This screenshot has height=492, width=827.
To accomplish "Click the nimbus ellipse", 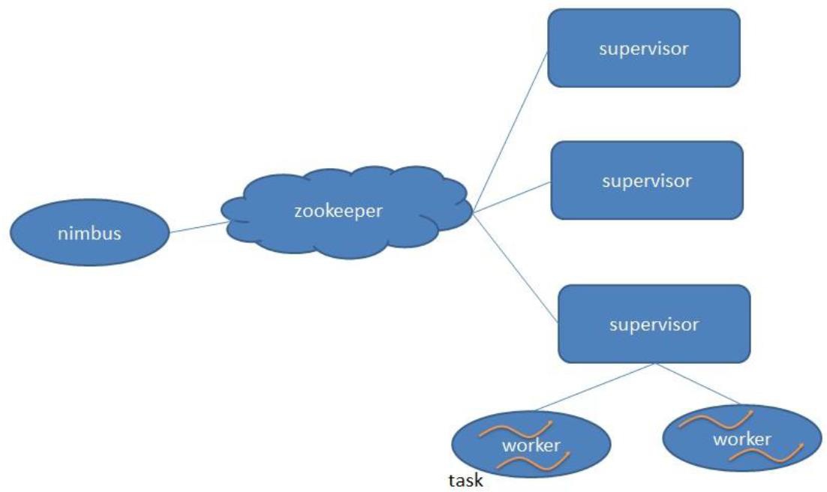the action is (x=90, y=232).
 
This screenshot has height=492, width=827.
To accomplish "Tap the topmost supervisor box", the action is (x=644, y=48).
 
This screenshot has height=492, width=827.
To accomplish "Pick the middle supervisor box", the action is (x=647, y=180).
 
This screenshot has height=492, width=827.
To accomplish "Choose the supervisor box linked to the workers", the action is (x=654, y=324).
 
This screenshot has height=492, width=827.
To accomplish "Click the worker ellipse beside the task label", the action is (x=531, y=444).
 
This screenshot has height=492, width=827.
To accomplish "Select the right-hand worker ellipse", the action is (x=742, y=438).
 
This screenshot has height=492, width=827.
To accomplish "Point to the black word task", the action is (x=465, y=481).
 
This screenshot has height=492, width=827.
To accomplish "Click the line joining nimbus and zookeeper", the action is (x=199, y=227).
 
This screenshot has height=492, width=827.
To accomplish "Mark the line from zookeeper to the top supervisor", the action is (x=510, y=132).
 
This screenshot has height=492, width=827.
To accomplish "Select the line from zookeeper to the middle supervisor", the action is (x=512, y=197).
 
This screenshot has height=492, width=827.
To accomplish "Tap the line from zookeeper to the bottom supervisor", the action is (x=516, y=267).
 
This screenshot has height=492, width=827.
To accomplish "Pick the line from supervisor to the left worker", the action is (x=594, y=386).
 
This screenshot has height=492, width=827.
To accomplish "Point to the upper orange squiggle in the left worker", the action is (x=516, y=428).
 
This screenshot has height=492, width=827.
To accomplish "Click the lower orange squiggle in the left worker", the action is (x=534, y=461).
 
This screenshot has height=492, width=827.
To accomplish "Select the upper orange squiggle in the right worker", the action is (x=716, y=420).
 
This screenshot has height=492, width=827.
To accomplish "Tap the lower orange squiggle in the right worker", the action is (x=765, y=453).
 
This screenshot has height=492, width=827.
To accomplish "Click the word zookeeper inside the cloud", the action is (x=338, y=211).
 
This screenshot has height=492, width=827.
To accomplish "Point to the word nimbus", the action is (x=89, y=232).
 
